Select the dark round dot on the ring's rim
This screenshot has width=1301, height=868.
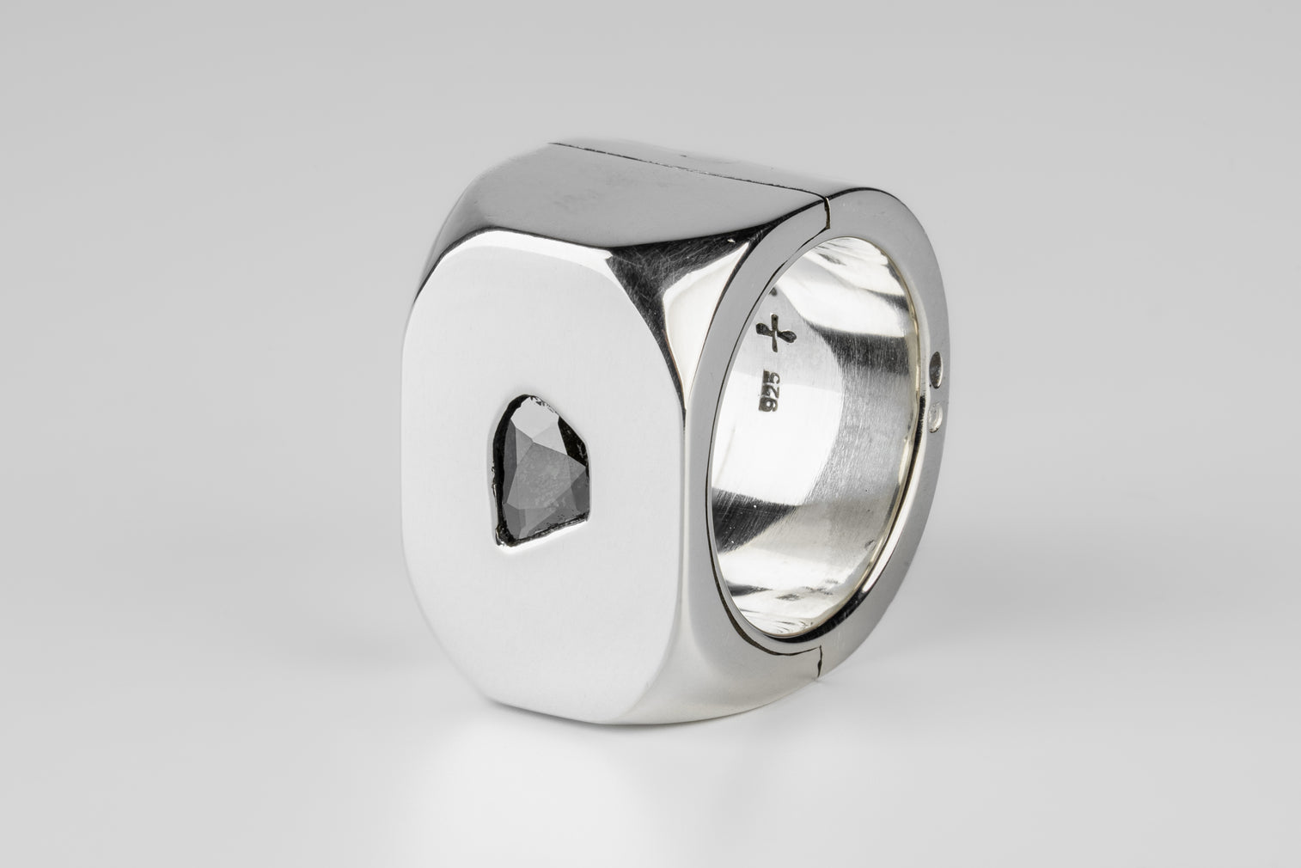click(x=937, y=369)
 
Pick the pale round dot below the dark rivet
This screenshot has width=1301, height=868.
click(x=935, y=417)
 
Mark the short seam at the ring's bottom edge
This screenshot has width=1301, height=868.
click(x=820, y=663)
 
